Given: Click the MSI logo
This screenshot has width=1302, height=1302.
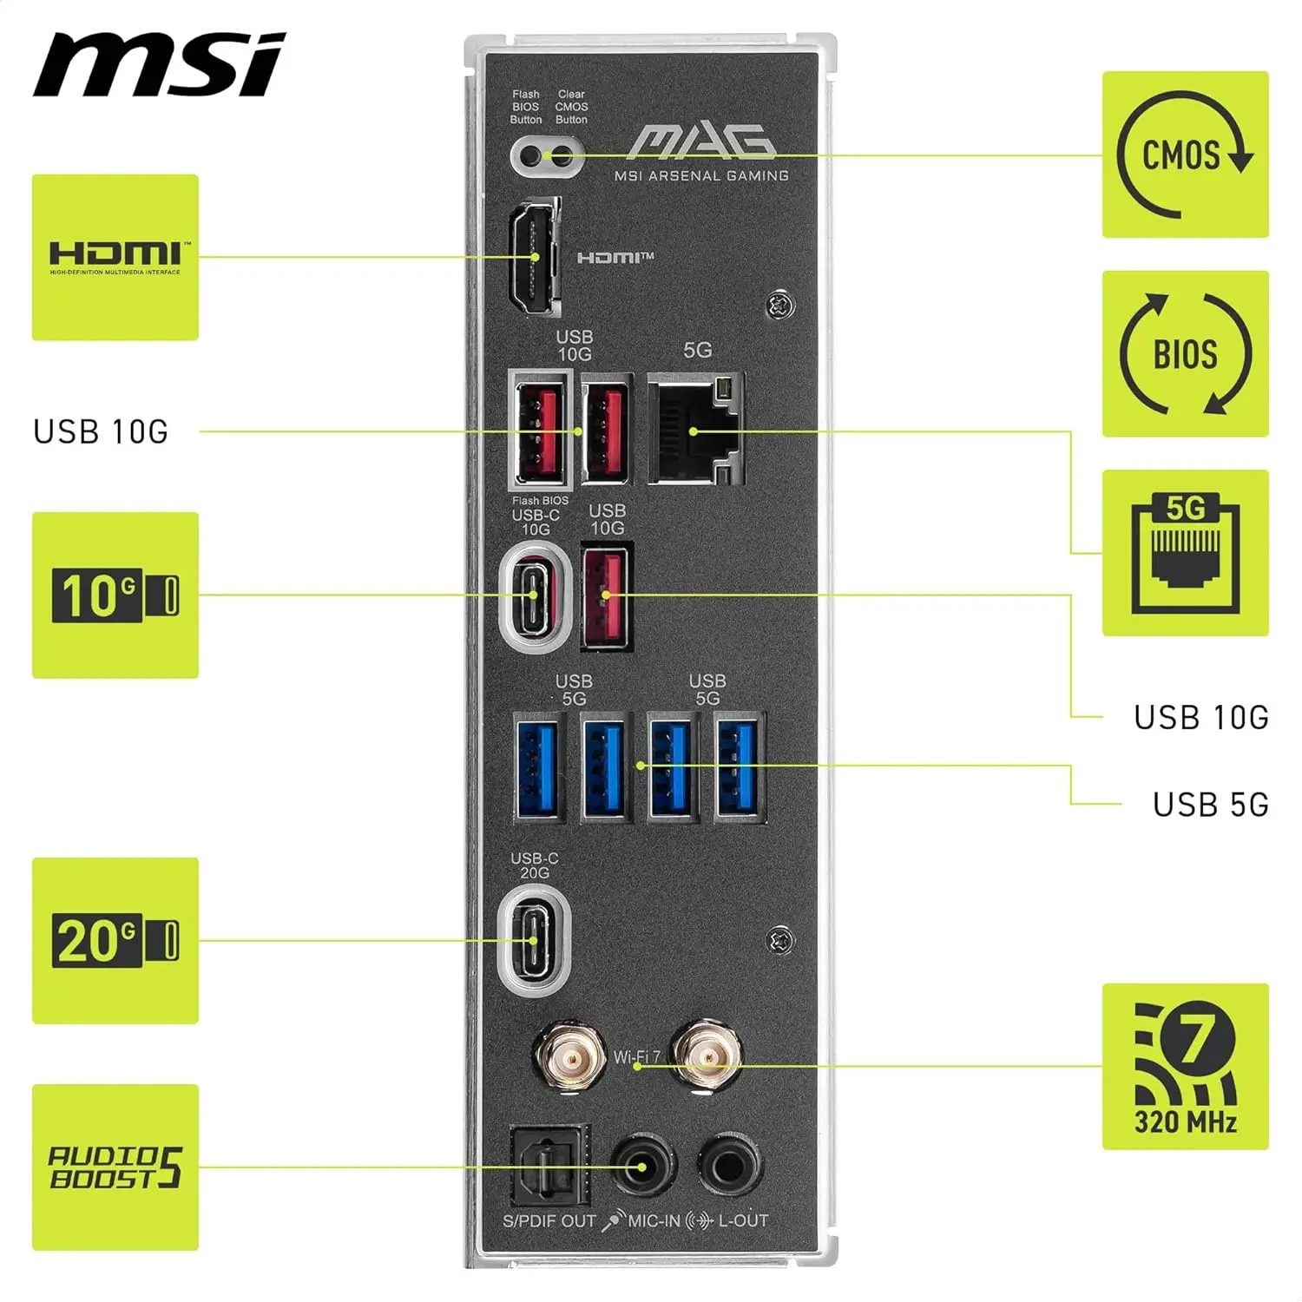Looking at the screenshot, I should pos(159,65).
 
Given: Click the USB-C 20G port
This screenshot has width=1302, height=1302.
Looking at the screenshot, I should pos(535,941).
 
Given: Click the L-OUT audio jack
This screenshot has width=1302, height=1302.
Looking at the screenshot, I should pos(731,1165).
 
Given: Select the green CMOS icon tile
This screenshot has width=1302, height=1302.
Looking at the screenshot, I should pos(1185,155).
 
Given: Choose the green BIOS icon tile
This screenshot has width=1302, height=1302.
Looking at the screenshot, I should pos(1185,353).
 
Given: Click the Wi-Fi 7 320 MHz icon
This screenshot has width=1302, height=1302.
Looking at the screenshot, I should pos(1185,1067).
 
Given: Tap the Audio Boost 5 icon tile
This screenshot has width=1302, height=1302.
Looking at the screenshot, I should pos(115,1167).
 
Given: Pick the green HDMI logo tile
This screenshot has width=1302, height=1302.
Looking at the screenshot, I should pos(115,258).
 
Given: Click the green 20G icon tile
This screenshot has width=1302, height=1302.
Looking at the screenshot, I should pos(115,941).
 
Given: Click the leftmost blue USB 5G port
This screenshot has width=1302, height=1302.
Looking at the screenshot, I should pos(537,766).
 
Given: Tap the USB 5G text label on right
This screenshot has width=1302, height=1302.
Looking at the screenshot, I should pos(1210,805).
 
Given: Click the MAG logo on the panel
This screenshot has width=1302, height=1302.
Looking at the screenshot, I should pos(701,143).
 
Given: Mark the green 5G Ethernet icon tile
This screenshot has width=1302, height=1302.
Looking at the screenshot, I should pos(1185,553).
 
